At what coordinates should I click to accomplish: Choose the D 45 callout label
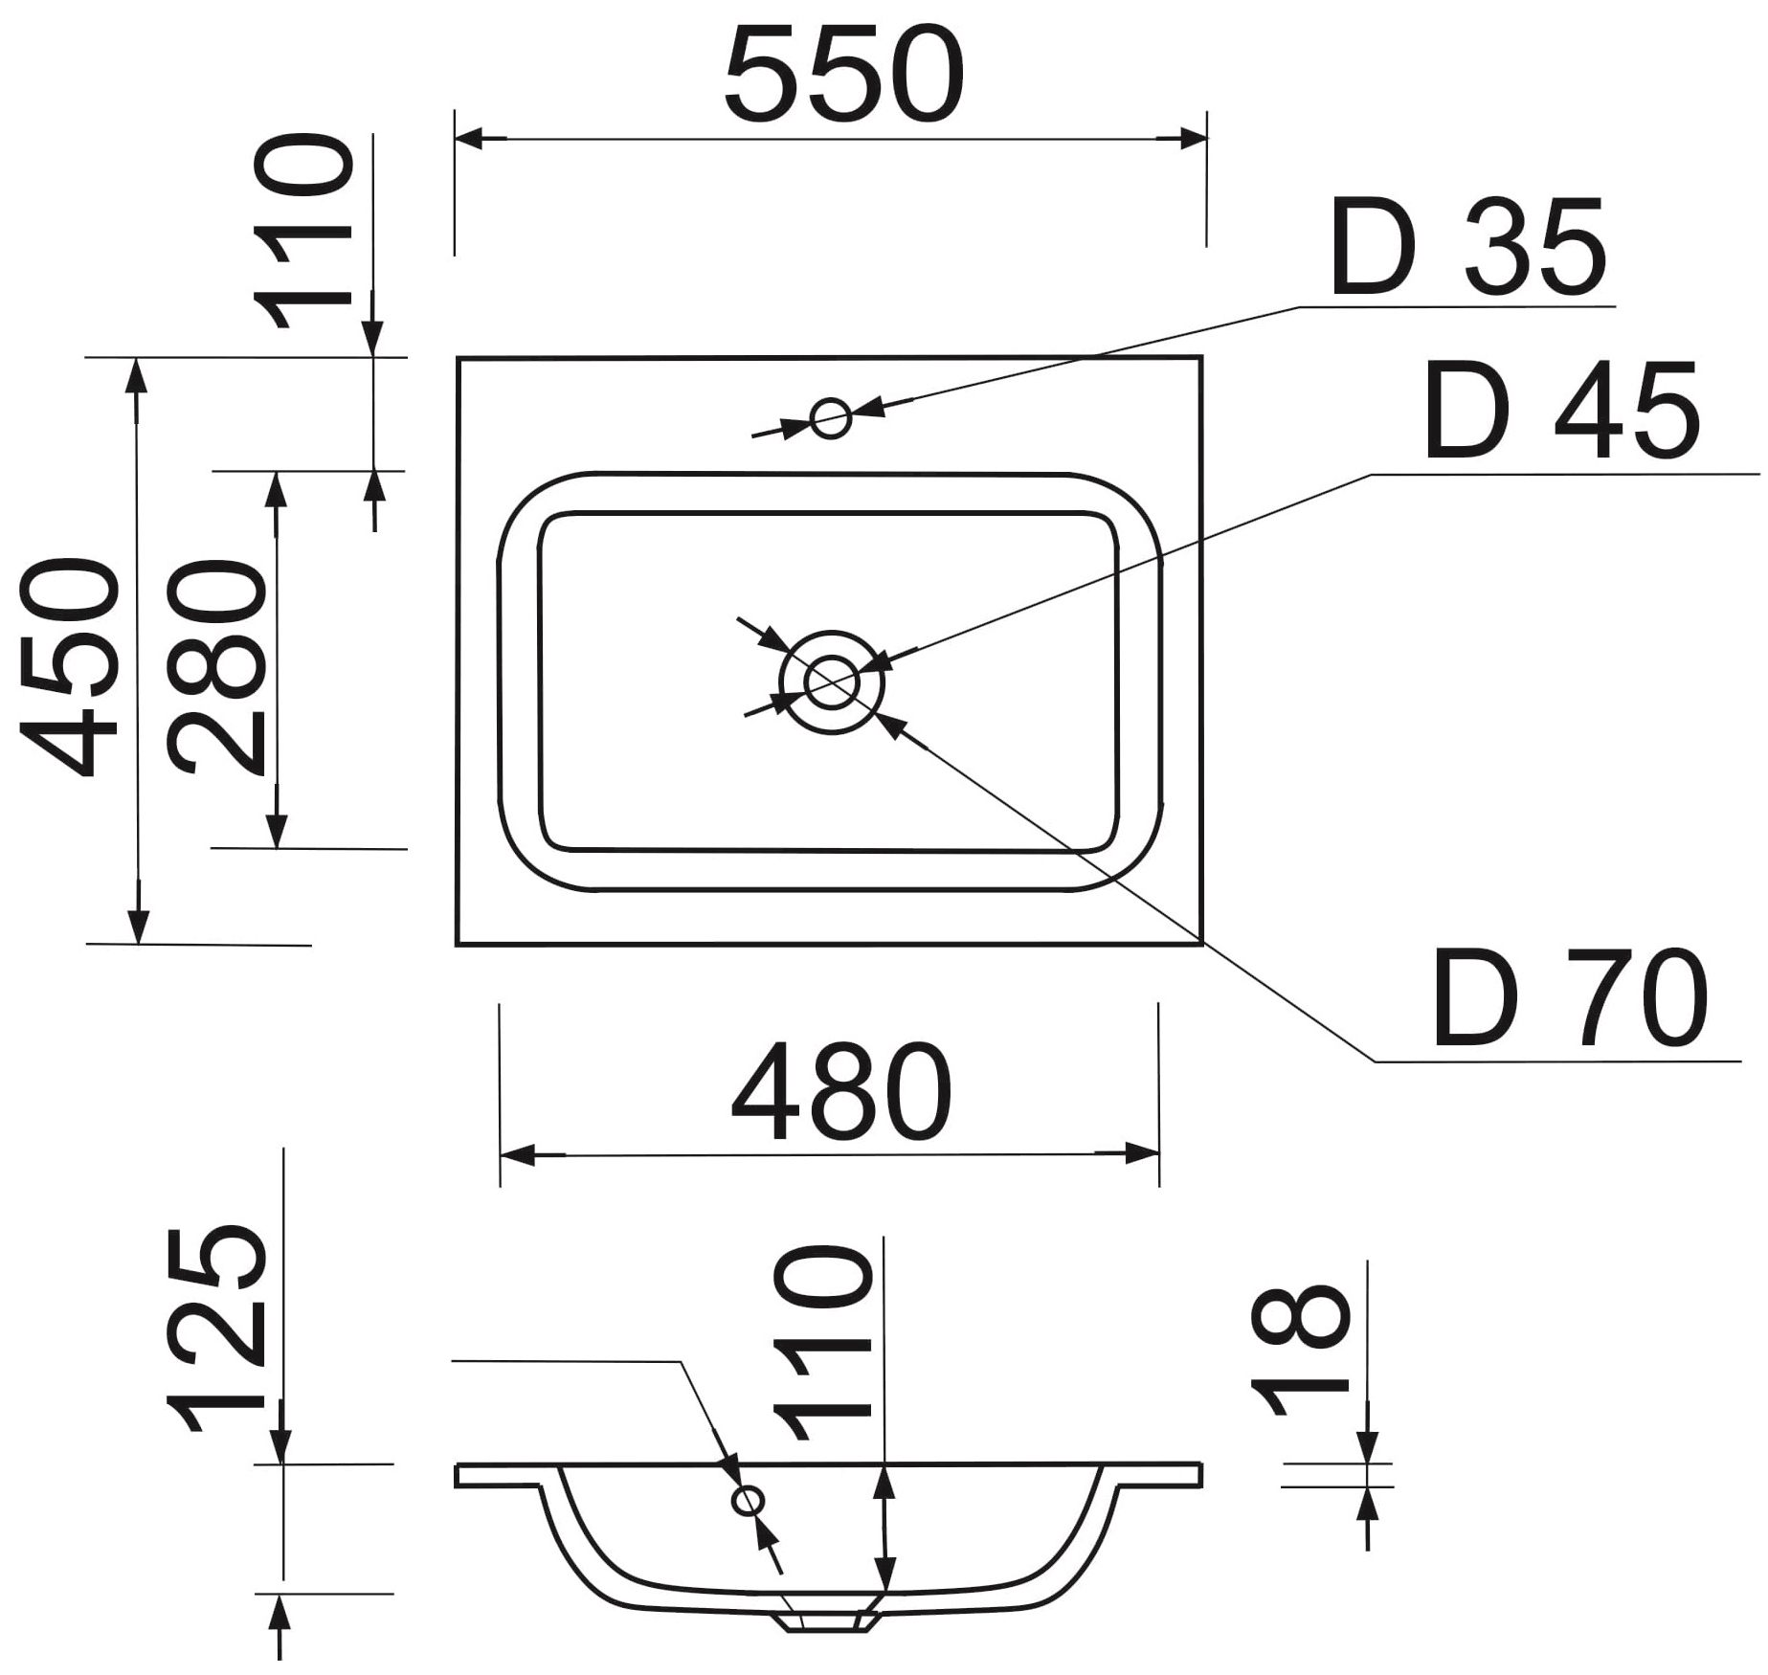point(1561,412)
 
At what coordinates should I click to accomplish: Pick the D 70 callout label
point(1570,1000)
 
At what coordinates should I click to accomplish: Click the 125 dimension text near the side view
point(216,1330)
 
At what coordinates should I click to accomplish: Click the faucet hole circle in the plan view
point(830,418)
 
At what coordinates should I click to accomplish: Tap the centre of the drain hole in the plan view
point(831,682)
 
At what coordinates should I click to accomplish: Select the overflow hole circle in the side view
point(748,1501)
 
